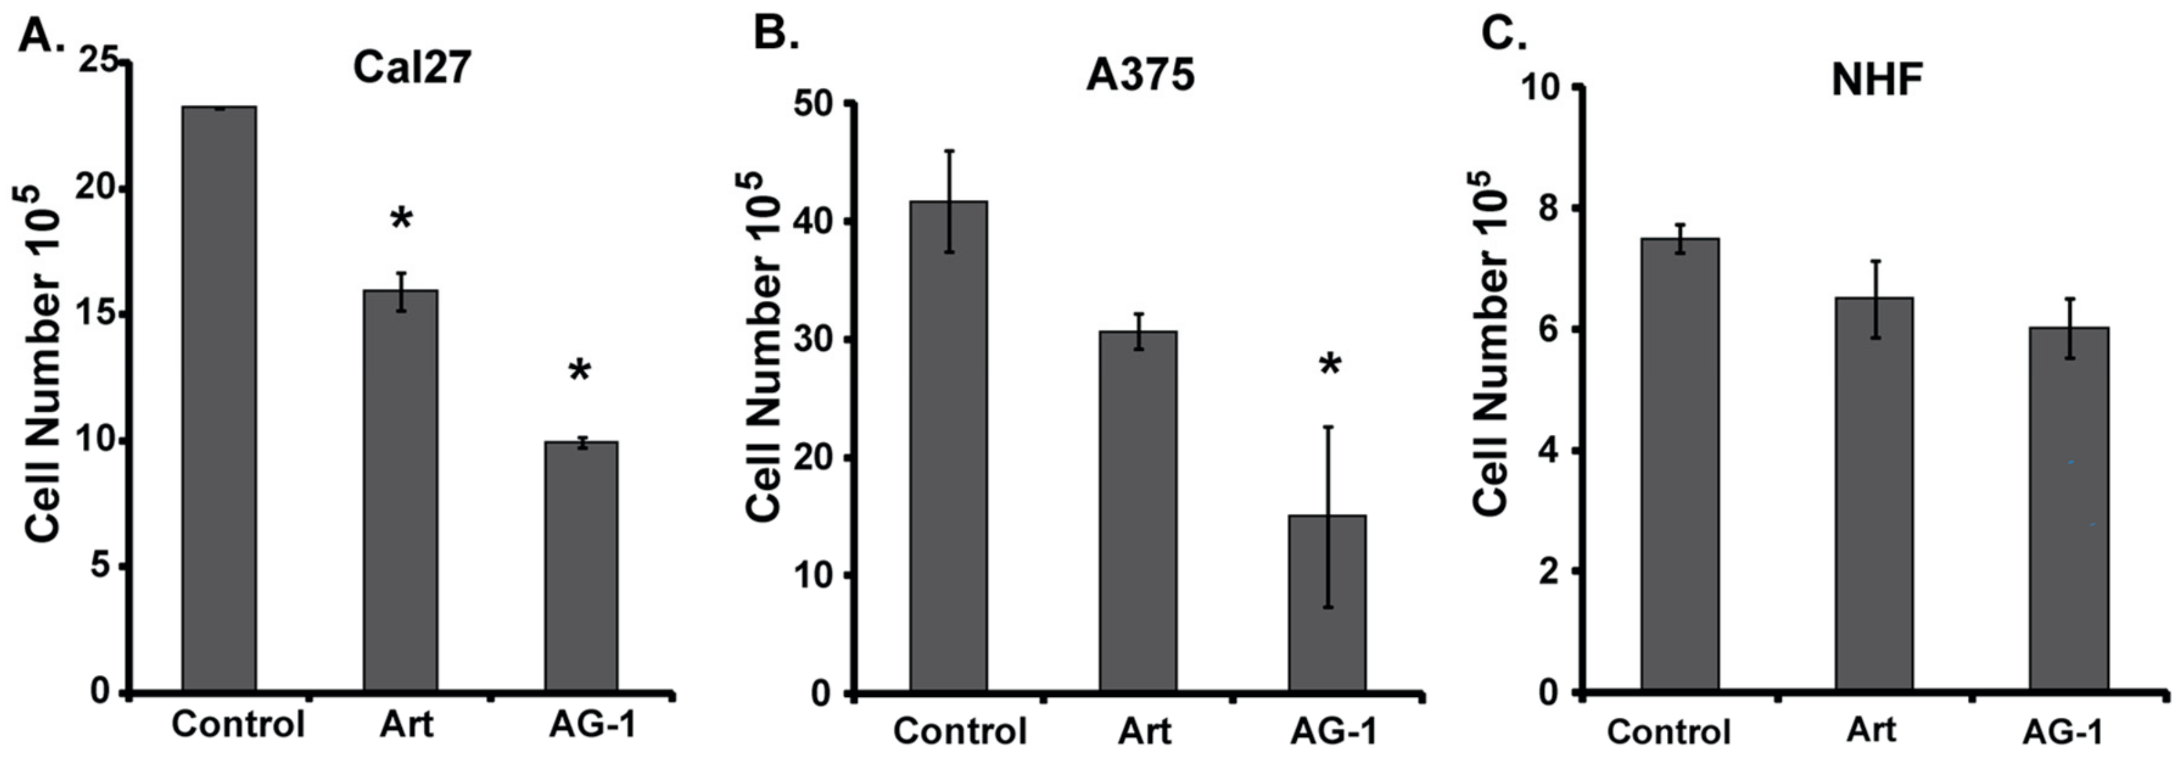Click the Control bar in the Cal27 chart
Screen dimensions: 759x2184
219,399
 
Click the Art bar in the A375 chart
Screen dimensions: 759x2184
1139,511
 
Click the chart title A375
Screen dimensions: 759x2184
1140,76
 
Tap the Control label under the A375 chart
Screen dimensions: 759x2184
960,731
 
